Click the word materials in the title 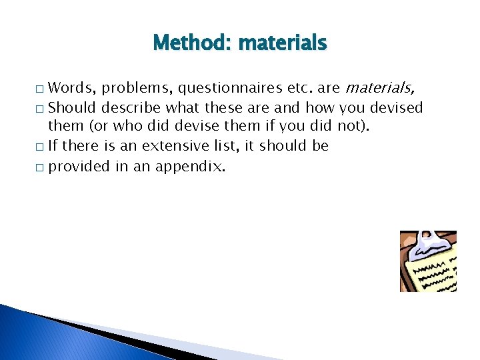(x=283, y=44)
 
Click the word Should (x=71, y=107)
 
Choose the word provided (x=78, y=166)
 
